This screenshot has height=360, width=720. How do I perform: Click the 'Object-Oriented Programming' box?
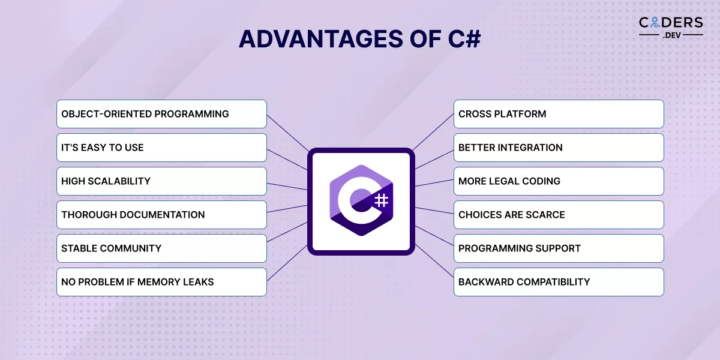(161, 114)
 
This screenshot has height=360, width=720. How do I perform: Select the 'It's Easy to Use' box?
(161, 148)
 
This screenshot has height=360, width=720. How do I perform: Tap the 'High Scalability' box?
(161, 181)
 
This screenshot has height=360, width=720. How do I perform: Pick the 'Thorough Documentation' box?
(161, 215)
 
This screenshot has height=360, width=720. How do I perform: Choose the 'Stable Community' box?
(161, 248)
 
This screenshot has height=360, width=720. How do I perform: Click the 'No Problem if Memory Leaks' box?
(161, 282)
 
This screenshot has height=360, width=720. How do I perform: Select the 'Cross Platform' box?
(559, 114)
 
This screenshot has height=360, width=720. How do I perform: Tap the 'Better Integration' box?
(559, 148)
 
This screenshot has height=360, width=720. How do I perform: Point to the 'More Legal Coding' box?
(559, 181)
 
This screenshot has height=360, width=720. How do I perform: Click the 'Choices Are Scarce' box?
(559, 215)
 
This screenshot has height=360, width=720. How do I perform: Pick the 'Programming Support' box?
(559, 248)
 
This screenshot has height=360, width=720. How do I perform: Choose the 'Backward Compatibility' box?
(559, 282)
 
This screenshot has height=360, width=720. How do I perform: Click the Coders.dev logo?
(670, 27)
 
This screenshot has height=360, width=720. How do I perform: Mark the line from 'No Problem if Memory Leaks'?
(287, 264)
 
